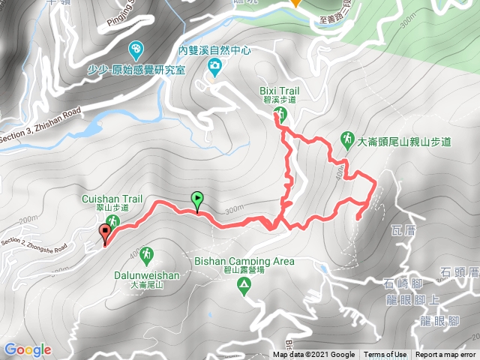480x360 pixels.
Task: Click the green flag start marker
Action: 197,199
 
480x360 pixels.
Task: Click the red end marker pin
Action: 104,235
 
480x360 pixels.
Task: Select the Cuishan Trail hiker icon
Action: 112,220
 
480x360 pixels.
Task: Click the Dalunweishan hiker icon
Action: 146,254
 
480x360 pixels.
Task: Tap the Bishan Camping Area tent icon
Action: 244,284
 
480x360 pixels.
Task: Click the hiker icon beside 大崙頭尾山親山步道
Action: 348,139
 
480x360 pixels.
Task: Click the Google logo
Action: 27,349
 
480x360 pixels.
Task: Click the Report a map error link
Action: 445,355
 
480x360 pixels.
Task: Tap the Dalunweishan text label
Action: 146,275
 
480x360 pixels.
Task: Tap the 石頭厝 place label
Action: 459,271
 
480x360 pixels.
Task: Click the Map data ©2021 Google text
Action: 313,355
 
